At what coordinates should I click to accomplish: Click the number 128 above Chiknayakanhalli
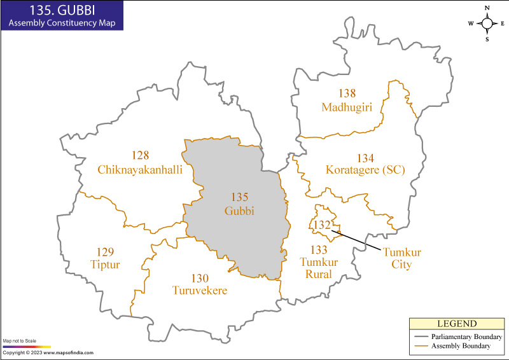[140, 156]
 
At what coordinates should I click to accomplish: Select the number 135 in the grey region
[239, 197]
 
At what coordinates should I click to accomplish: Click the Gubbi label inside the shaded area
[239, 211]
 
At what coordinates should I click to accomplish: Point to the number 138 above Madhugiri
[347, 93]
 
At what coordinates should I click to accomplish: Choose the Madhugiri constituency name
[347, 106]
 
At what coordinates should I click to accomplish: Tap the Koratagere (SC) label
[365, 170]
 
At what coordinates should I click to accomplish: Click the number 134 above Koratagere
[365, 158]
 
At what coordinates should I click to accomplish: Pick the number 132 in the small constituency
[322, 225]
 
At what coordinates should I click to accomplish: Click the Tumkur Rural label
[319, 262]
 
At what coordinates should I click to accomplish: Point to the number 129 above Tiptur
[105, 252]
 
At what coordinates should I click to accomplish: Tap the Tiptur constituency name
[105, 265]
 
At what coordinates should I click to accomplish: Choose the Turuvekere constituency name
[200, 291]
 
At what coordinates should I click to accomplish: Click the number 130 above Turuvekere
[200, 278]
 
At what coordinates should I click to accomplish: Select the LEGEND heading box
[456, 324]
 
